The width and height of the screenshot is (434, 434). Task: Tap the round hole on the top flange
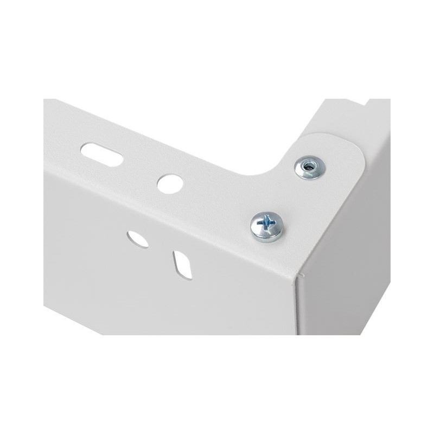pos(169,182)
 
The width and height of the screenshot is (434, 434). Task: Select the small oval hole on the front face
pos(138,239)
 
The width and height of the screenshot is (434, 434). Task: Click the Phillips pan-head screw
pos(267,226)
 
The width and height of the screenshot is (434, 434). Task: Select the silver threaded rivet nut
pos(309,167)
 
